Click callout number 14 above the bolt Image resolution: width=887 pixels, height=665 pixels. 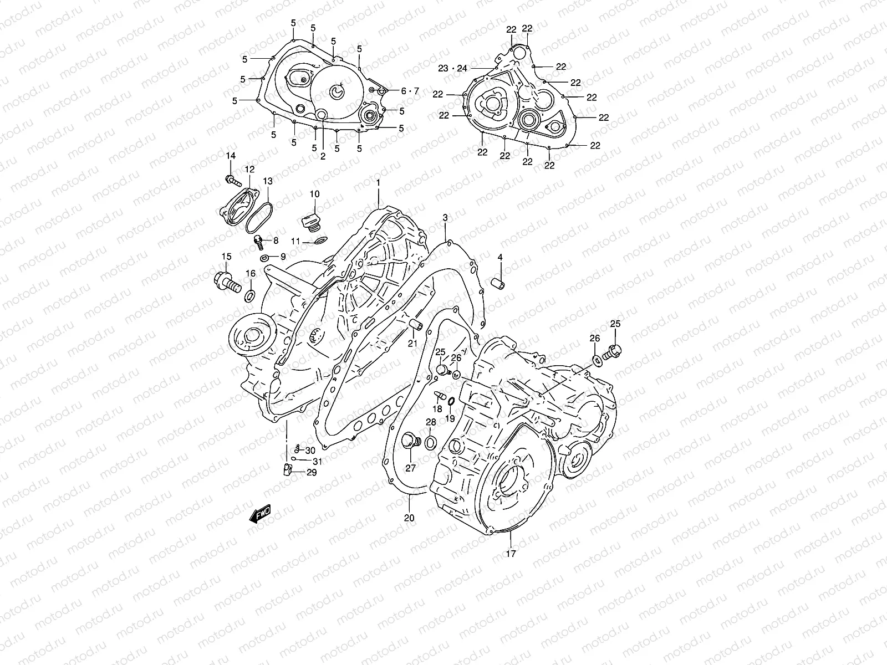pos(230,156)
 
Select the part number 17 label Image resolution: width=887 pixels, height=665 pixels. pos(511,553)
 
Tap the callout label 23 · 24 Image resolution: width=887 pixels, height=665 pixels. pos(452,68)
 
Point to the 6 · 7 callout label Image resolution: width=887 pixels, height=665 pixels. pos(410,91)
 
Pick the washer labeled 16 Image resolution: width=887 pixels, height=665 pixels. pos(250,294)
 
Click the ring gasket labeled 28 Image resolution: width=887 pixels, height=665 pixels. pos(431,442)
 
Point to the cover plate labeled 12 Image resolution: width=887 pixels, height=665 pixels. pos(239,206)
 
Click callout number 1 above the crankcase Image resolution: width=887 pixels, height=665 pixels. pos(378,182)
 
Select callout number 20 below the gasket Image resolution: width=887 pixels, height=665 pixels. pos(409,518)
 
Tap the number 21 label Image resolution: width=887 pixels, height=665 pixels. pos(412,344)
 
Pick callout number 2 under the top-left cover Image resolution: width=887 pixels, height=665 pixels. pos(323,157)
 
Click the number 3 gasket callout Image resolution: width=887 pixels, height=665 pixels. pos(445,218)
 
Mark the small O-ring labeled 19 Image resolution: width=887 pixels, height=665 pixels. pos(451,401)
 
